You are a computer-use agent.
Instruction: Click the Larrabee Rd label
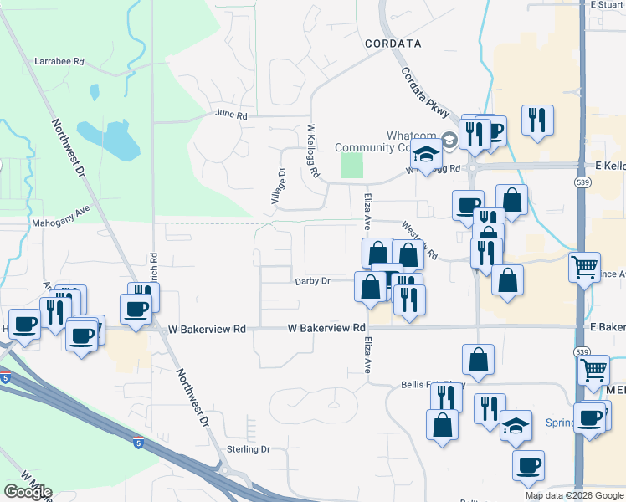click(60, 61)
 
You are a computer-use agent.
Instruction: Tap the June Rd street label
click(232, 115)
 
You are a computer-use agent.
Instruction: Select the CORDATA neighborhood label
click(393, 42)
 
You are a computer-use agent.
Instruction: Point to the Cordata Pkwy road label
click(426, 93)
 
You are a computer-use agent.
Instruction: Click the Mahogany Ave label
click(60, 218)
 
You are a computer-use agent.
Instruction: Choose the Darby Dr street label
click(312, 281)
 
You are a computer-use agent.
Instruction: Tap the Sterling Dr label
click(249, 449)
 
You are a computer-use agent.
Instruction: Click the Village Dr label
click(280, 186)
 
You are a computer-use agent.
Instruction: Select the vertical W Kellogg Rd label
click(313, 151)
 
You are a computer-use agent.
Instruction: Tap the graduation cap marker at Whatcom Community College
click(426, 155)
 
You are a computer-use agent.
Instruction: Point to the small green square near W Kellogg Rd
click(353, 165)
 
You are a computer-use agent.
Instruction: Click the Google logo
click(28, 492)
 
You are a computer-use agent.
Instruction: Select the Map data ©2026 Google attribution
click(573, 495)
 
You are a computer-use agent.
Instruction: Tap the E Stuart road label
click(607, 4)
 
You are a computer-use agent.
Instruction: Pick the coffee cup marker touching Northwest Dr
click(136, 310)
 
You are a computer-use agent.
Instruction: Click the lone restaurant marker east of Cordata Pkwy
click(536, 119)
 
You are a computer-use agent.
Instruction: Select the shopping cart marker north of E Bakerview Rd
click(584, 268)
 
